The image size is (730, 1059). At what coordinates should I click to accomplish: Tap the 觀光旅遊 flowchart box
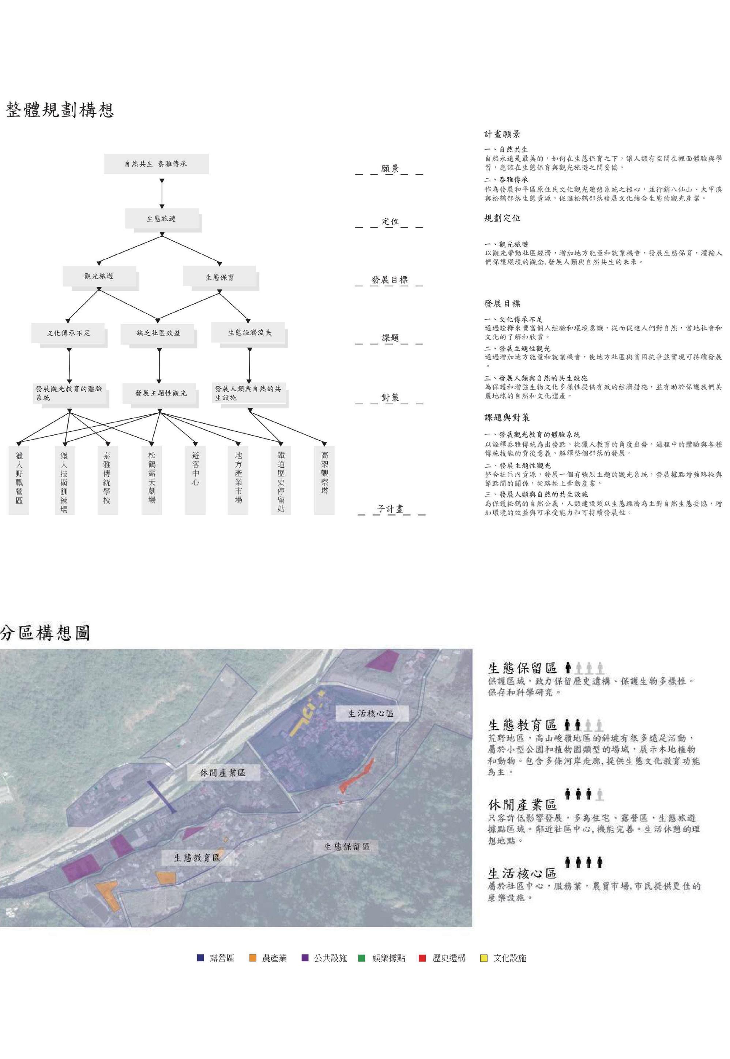[x=99, y=276]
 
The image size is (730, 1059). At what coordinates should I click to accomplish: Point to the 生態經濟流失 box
[x=249, y=333]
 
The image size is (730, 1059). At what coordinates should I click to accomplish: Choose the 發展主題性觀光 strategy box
[x=160, y=393]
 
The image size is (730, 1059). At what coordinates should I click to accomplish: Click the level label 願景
[x=390, y=168]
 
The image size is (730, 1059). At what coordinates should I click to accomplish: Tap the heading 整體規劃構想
[x=60, y=110]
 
